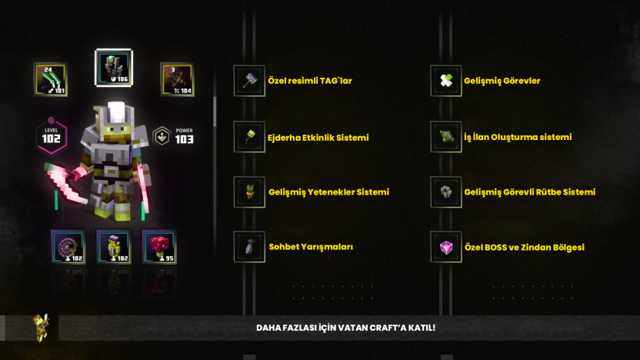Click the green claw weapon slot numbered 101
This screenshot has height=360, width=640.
click(51, 79)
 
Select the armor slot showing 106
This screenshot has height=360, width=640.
click(114, 68)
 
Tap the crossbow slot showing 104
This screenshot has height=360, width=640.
click(177, 79)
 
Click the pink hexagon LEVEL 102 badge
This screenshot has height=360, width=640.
click(52, 136)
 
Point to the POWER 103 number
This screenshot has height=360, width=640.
click(184, 139)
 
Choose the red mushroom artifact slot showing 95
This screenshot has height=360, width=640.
click(159, 247)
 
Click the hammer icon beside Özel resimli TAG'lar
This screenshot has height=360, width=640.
click(249, 81)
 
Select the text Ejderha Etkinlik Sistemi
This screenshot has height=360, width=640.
click(318, 138)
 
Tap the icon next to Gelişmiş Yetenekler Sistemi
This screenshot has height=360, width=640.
click(249, 192)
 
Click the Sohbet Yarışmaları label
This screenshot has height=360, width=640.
click(311, 247)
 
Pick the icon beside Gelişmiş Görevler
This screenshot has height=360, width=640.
click(446, 81)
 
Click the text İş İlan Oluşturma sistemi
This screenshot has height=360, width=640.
click(518, 137)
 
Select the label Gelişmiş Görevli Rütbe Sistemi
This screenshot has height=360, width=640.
click(530, 192)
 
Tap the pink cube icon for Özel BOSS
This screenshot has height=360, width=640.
click(446, 247)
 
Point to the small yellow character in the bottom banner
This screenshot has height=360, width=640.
click(41, 328)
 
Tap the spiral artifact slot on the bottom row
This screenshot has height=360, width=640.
click(68, 247)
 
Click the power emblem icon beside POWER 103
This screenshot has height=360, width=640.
click(162, 136)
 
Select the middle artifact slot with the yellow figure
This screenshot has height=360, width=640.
click(114, 247)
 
